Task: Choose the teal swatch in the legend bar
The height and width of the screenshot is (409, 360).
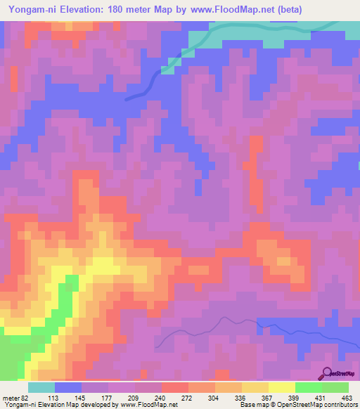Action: [x=41, y=387]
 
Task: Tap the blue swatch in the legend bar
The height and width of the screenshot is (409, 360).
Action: [x=68, y=387]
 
